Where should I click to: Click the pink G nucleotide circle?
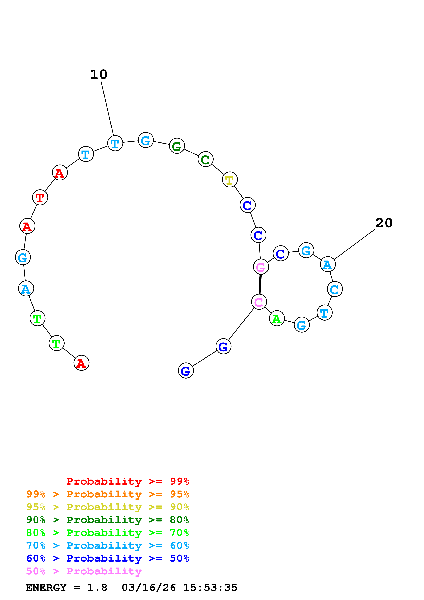point(261,267)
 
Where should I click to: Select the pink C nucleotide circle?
point(259,302)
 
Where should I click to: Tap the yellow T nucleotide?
point(230,180)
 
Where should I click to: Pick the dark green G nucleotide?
point(177,146)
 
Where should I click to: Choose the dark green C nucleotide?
point(206,159)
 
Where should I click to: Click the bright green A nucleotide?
point(277,318)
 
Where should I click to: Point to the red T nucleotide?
point(40,197)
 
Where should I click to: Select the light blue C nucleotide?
point(335,289)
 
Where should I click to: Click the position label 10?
point(99,75)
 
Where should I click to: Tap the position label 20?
point(384,223)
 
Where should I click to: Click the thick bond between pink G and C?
point(260,284)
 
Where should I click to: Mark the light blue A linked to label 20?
point(328,264)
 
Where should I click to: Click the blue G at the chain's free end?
point(186,371)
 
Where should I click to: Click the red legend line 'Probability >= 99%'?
point(127,481)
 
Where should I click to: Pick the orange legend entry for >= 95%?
point(107,494)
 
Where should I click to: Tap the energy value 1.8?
point(97,588)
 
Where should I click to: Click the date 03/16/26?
point(149,588)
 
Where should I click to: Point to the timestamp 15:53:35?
point(210,588)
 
